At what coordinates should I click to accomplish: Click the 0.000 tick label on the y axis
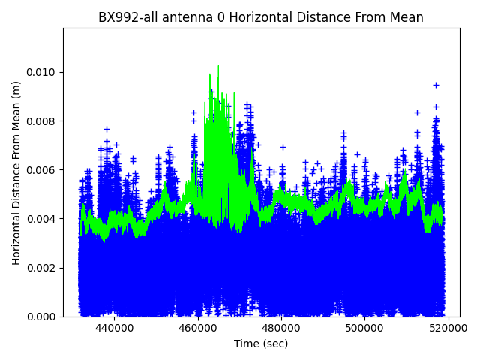(x=42, y=316)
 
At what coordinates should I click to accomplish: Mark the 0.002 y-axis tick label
(x=42, y=268)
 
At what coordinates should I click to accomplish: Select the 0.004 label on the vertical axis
(x=42, y=219)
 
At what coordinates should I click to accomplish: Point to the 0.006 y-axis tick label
(x=42, y=170)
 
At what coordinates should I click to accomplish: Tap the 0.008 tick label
(x=42, y=121)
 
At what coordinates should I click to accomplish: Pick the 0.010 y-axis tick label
(x=42, y=73)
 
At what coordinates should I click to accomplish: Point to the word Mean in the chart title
(x=405, y=17)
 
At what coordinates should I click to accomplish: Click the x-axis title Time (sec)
(x=261, y=343)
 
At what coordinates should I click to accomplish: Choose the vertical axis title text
(x=16, y=172)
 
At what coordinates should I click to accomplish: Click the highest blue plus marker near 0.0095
(x=436, y=85)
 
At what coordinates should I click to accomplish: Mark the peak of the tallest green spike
(x=218, y=66)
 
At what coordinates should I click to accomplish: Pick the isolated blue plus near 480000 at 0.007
(x=283, y=147)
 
